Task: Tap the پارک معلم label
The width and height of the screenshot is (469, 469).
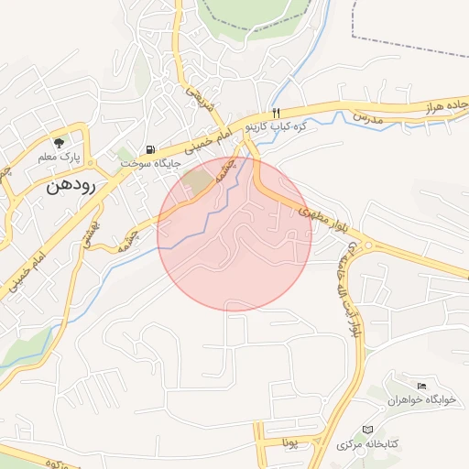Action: (59, 158)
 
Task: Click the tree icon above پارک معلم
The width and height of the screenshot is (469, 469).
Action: (60, 142)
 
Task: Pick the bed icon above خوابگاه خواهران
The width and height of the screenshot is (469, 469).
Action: (421, 387)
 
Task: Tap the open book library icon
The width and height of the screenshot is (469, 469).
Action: (368, 430)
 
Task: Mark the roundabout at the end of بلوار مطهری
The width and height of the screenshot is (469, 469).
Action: (368, 245)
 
